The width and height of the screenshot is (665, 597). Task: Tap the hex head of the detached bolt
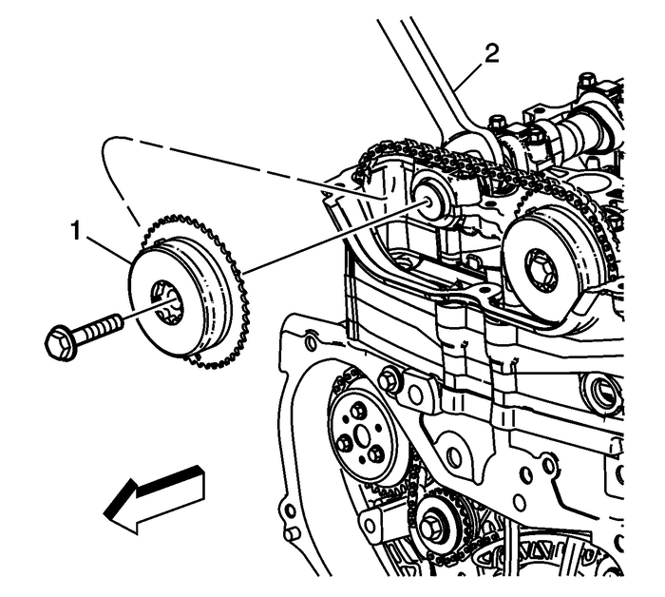pos(59,339)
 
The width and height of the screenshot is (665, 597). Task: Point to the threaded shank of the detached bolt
pos(99,328)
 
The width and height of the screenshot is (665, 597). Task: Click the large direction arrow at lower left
pos(155,495)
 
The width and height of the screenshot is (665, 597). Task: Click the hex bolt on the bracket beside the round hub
pos(389,380)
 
